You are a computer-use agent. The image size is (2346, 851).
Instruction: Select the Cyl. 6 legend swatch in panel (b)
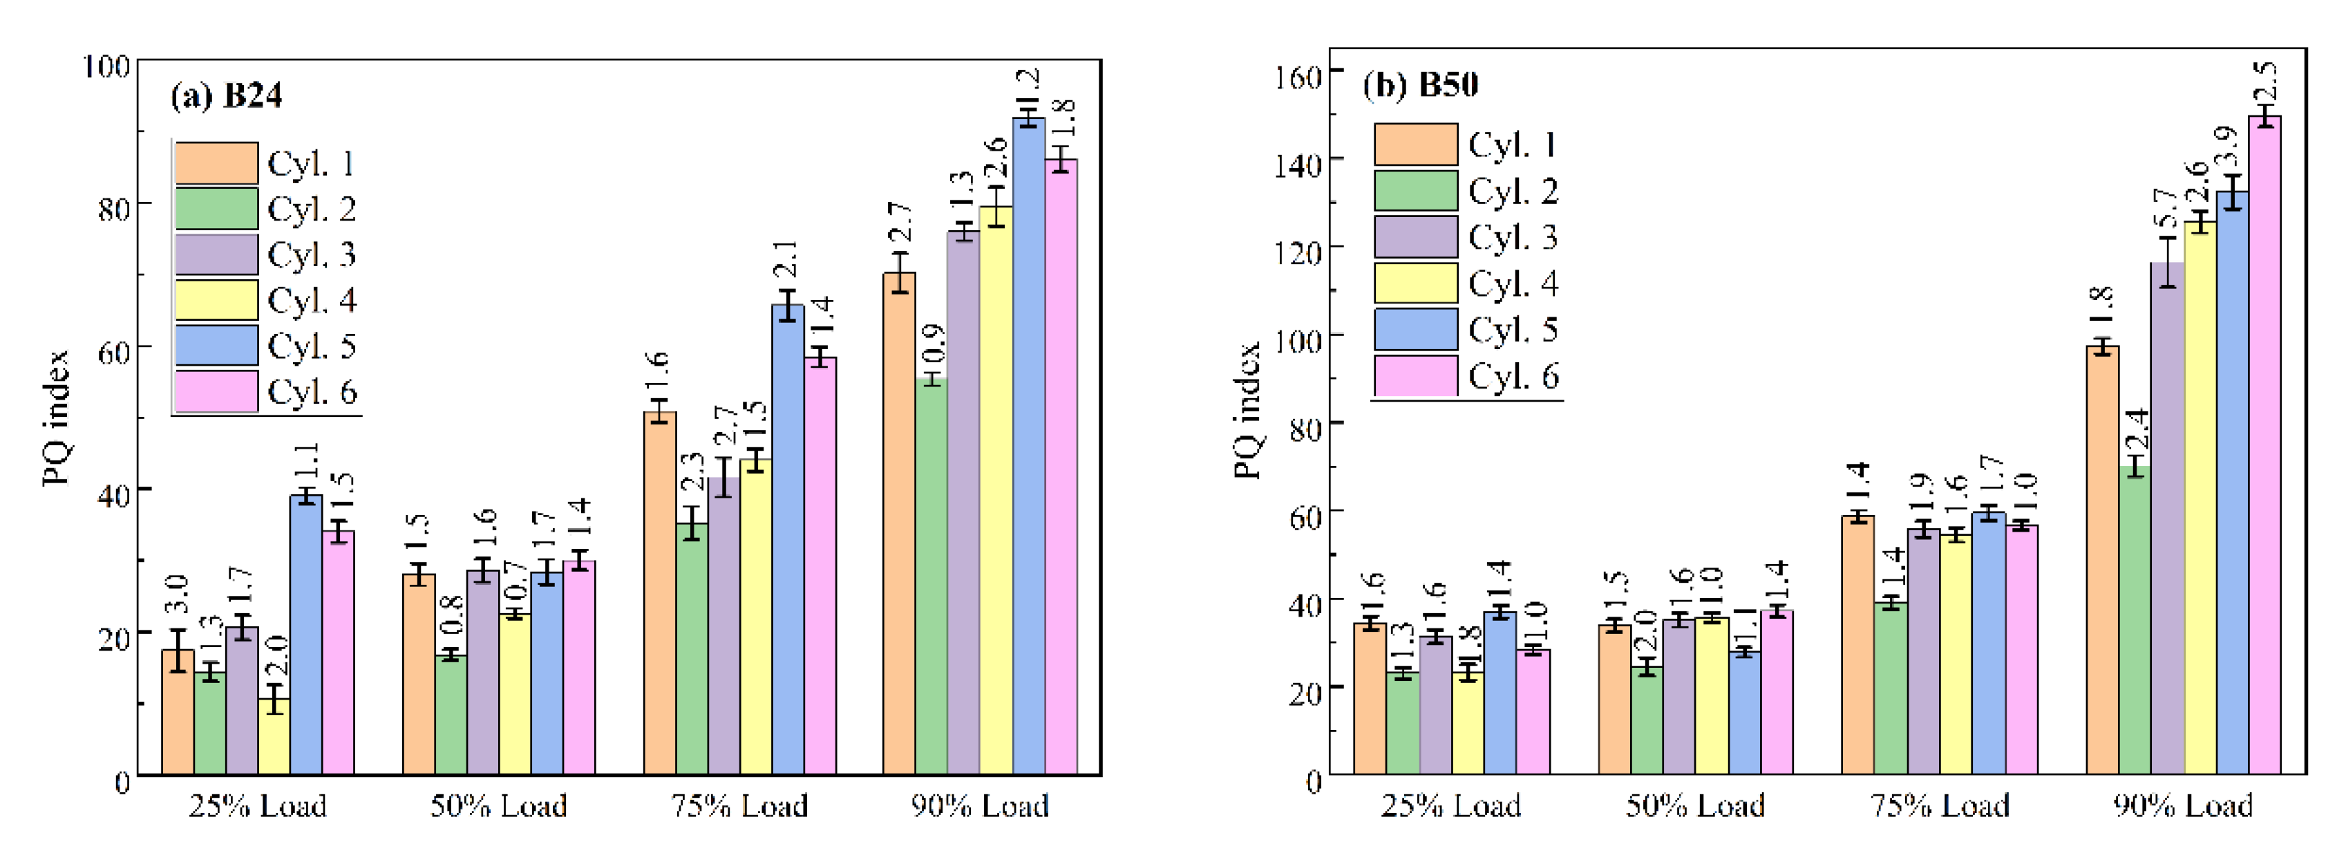(1415, 375)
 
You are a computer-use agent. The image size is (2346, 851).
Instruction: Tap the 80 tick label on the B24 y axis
(115, 209)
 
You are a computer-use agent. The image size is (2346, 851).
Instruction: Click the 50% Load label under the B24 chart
(498, 805)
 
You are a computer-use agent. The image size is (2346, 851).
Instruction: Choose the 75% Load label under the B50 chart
(1940, 805)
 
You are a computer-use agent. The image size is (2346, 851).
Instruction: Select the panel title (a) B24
(227, 95)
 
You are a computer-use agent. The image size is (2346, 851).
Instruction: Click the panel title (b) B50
(1420, 85)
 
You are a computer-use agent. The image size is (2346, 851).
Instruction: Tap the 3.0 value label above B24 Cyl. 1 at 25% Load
(177, 594)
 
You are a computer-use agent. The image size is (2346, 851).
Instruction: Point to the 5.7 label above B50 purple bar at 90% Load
(2166, 209)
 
